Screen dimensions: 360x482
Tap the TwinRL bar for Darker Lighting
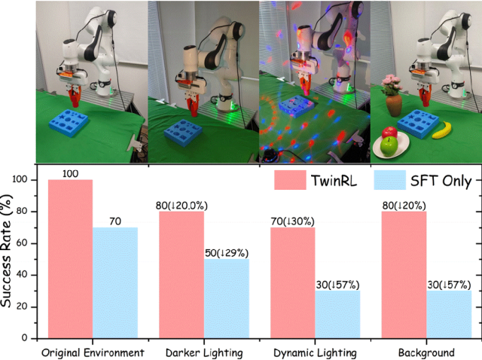181,274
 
